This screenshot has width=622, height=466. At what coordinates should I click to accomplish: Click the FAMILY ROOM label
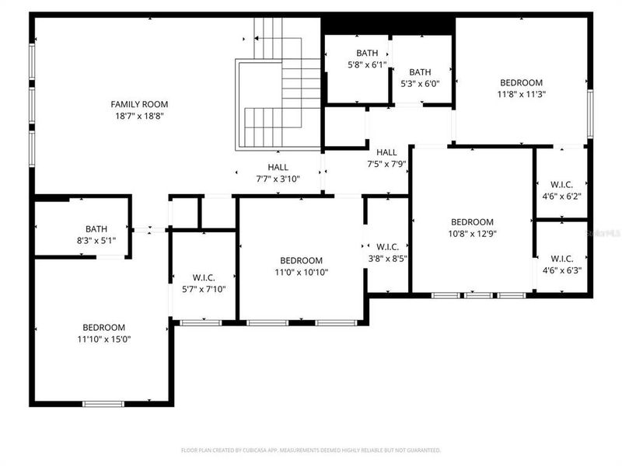pos(139,104)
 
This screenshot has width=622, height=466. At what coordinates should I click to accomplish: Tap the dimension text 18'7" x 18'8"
pos(139,116)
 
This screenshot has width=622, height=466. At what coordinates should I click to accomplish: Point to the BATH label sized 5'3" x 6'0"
pos(420,72)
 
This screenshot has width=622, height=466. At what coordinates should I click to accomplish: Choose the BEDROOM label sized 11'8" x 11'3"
pos(521,83)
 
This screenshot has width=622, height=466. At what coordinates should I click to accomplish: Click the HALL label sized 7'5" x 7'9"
pos(386,152)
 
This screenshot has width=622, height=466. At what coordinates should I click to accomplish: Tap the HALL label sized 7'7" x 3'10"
pos(278,167)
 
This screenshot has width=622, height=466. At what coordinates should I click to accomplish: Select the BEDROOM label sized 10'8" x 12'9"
pos(472,221)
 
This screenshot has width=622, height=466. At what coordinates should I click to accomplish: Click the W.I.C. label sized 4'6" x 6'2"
pos(561,184)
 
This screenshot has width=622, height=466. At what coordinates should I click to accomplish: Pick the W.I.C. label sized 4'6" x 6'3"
pos(561,259)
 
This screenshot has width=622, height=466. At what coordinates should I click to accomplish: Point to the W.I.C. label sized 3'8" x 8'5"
pos(387,247)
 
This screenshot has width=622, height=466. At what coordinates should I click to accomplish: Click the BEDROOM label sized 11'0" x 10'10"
pos(301,260)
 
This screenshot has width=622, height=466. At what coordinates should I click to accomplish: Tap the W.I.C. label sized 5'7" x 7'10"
pos(203,277)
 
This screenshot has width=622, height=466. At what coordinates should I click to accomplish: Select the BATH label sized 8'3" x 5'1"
pos(96,229)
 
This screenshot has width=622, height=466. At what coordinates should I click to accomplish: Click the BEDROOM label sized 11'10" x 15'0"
pos(100,328)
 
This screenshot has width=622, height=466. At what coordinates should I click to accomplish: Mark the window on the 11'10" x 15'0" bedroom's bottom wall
pos(103,403)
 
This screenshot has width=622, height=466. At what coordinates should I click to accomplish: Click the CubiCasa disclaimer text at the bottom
pos(311,450)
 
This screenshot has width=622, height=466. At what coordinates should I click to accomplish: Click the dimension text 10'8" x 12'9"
pos(472,233)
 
